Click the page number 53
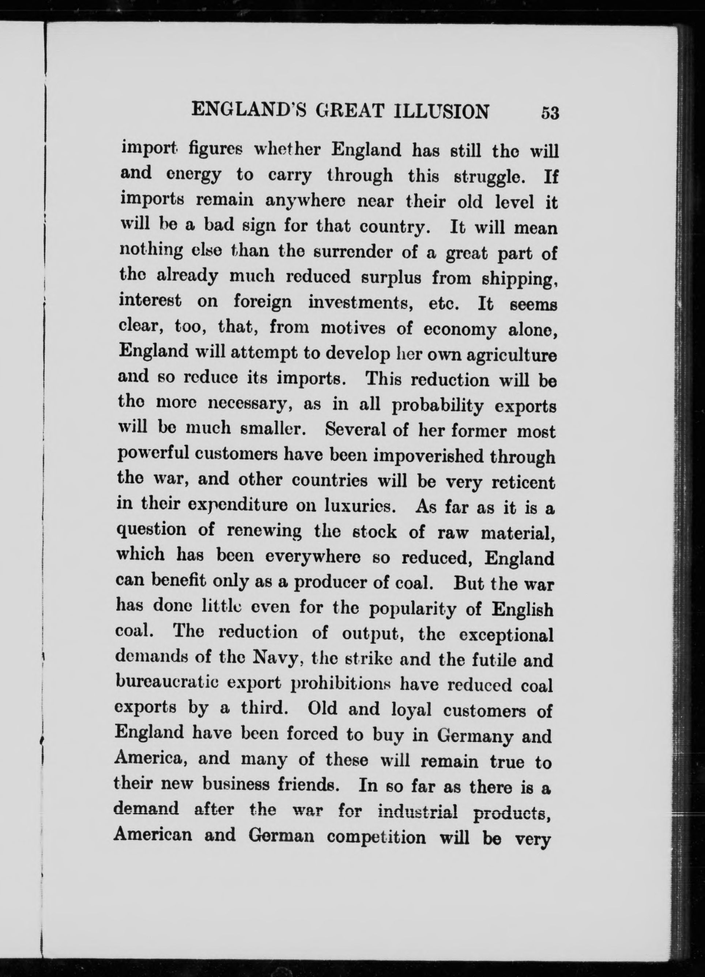point(550,113)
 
